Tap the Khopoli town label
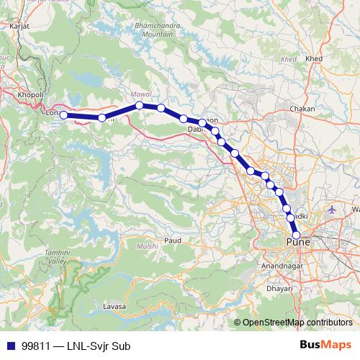tap(30, 94)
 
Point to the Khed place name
tap(314, 58)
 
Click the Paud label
tap(172, 240)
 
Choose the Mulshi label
tap(147, 246)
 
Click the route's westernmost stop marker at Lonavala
tap(63, 114)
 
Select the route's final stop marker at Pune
tap(296, 234)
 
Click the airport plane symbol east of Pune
tap(331, 210)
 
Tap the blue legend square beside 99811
tap(10, 346)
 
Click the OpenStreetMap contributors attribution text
tap(296, 322)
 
